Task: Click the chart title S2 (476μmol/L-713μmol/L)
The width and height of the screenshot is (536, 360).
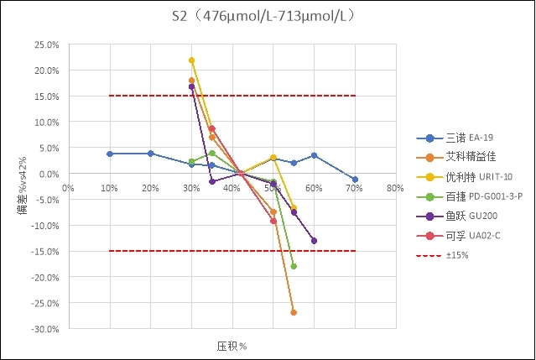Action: point(267,16)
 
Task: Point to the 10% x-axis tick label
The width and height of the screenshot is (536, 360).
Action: point(109,187)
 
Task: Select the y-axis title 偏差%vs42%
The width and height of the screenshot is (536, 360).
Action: point(23,185)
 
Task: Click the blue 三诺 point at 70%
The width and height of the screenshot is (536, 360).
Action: point(355,180)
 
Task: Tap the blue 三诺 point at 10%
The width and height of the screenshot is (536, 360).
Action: point(109,154)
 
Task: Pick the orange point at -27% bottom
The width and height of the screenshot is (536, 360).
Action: point(294,312)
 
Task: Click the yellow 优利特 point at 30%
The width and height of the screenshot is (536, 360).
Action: point(191,60)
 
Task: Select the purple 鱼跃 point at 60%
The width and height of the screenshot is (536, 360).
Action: point(315,241)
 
